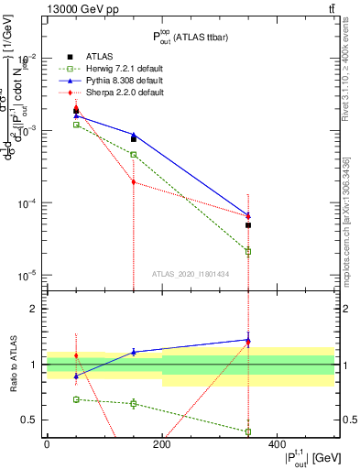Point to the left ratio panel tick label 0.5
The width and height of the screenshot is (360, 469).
coord(30,420)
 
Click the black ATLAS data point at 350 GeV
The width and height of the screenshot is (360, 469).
coord(248,225)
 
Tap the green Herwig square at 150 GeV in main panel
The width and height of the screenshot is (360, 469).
coord(134,155)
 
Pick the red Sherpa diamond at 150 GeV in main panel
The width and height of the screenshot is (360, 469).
coord(134,182)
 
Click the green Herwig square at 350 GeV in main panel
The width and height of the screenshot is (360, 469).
coord(248,251)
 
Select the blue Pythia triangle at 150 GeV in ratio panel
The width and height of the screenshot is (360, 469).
coord(134,352)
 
